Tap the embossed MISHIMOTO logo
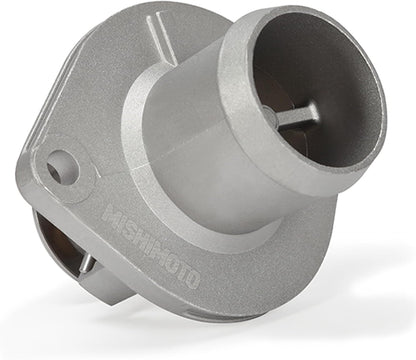[x=151, y=246]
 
